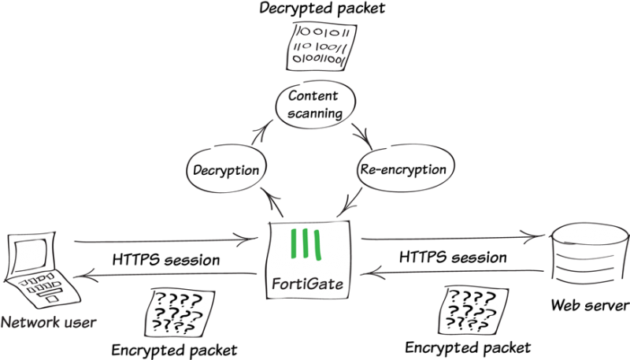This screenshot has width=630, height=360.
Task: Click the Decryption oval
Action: [x=225, y=170]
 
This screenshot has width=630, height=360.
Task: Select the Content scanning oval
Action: [x=313, y=106]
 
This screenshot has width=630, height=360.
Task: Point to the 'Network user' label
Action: [x=48, y=322]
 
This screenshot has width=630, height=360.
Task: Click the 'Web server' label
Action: [x=589, y=305]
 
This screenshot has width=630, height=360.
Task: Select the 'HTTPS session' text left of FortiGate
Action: [x=165, y=258]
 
